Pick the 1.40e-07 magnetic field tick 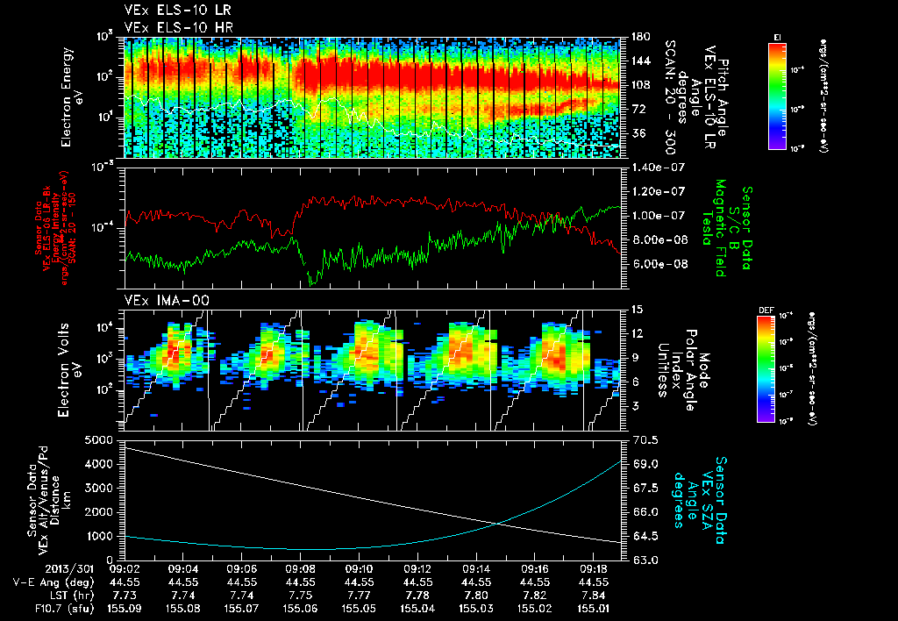651,167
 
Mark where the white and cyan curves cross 498,524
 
